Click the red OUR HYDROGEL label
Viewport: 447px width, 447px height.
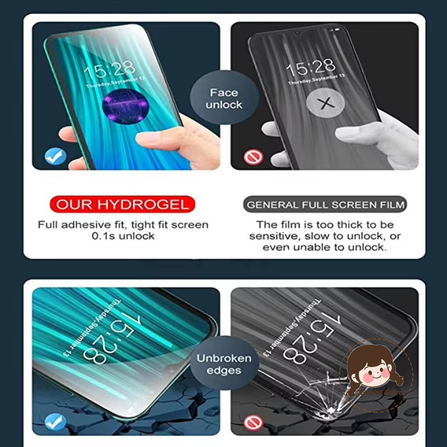pyautogui.click(x=122, y=204)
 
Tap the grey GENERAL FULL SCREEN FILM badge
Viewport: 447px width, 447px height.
pyautogui.click(x=325, y=204)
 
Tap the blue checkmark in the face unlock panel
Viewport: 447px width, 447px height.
pyautogui.click(x=55, y=156)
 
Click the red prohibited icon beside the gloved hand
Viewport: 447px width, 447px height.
pyautogui.click(x=253, y=156)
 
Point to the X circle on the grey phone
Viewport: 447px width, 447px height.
pyautogui.click(x=326, y=103)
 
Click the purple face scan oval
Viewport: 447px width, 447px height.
pyautogui.click(x=125, y=106)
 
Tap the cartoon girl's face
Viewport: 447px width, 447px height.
pyautogui.click(x=375, y=370)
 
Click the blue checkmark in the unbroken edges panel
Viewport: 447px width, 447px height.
pyautogui.click(x=55, y=422)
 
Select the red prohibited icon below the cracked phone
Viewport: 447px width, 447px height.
pyautogui.click(x=253, y=422)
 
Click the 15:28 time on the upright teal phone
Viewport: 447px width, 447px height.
pyautogui.click(x=110, y=69)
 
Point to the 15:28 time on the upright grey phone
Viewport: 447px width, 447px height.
pyautogui.click(x=311, y=67)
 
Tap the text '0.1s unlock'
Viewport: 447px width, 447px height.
pyautogui.click(x=123, y=236)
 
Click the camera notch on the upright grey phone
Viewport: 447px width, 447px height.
pyautogui.click(x=297, y=33)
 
